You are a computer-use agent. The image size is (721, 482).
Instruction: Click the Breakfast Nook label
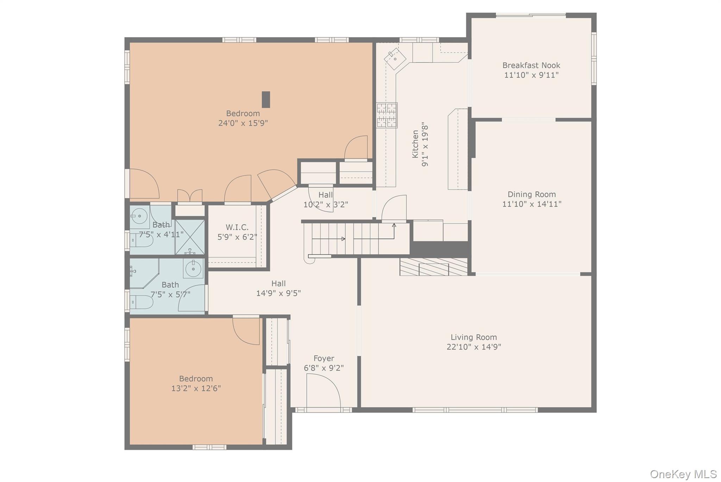point(531,65)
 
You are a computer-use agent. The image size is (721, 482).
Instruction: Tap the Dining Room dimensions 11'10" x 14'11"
point(532,204)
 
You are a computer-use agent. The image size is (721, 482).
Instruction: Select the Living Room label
point(474,337)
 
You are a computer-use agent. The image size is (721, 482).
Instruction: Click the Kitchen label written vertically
point(415,144)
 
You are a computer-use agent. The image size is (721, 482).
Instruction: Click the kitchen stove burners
point(387,115)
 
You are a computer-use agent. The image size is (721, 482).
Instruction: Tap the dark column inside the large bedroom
point(266,99)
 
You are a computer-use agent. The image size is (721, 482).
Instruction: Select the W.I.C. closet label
point(237,227)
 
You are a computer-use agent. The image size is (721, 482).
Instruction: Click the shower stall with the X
point(190,236)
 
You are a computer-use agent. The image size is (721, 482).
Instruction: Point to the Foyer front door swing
point(323,390)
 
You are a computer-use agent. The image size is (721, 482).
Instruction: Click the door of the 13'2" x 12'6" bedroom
point(246,331)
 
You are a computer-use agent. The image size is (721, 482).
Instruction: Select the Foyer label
point(324,358)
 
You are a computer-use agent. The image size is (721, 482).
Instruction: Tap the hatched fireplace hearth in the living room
point(433,267)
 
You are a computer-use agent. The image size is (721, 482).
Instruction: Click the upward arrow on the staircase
point(394,226)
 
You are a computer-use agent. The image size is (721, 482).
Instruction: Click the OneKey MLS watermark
point(683,474)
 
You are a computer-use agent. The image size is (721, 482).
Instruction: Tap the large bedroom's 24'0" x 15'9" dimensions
point(243,123)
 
